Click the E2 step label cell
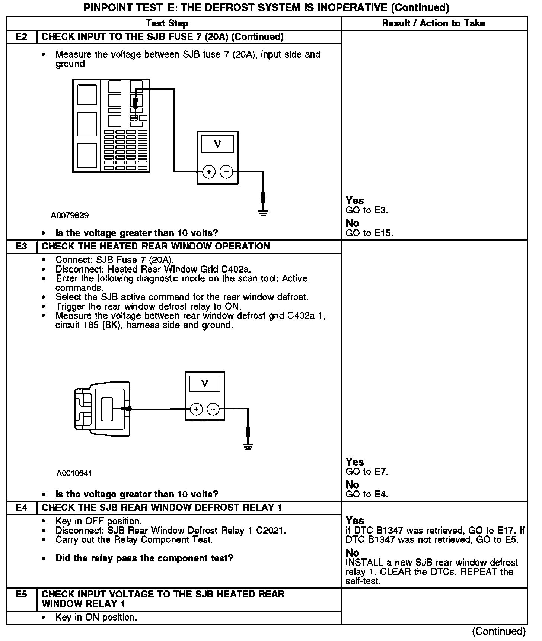(x=22, y=37)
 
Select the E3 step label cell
(x=22, y=247)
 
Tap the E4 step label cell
(x=22, y=508)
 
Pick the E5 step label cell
(x=22, y=595)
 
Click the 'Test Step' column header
(x=167, y=23)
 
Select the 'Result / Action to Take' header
(x=434, y=23)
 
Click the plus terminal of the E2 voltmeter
(x=209, y=172)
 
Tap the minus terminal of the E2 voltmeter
(x=226, y=172)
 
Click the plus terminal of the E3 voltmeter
(x=196, y=409)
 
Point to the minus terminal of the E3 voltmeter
(x=213, y=409)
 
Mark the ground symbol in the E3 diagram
(x=248, y=446)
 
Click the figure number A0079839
(x=70, y=216)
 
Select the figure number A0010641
(x=74, y=473)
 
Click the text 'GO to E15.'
(x=369, y=233)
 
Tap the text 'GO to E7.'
(x=367, y=472)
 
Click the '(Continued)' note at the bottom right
(x=499, y=631)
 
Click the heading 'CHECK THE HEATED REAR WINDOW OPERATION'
(x=156, y=247)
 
